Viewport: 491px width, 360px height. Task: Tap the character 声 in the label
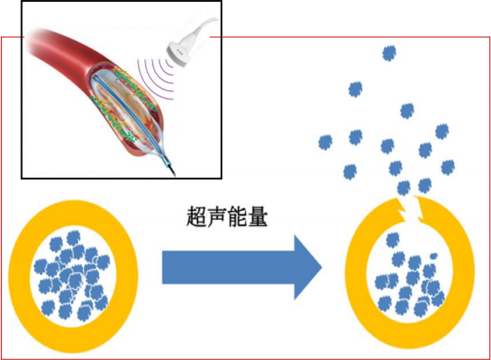[x=218, y=217]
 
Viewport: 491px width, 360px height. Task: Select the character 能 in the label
[x=238, y=217]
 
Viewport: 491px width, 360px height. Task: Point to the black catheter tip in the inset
[x=170, y=168]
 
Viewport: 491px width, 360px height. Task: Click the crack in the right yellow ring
[x=410, y=206]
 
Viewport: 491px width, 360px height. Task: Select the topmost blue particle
[x=388, y=53]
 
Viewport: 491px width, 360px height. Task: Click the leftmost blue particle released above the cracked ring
[x=325, y=142]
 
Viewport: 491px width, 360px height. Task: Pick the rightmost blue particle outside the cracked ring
[x=448, y=167]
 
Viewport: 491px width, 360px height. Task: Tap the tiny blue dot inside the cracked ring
[x=433, y=256]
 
